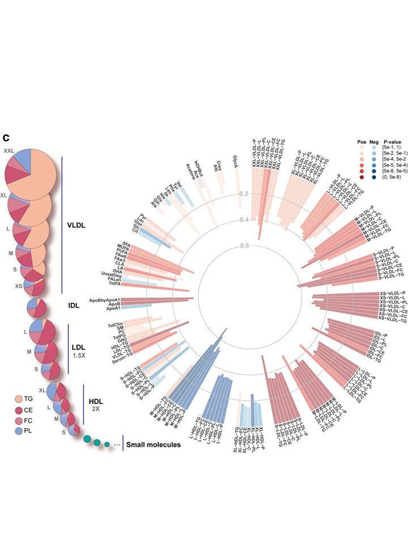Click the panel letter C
pos(7,138)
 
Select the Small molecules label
pos(153,445)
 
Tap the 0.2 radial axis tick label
pos(244,194)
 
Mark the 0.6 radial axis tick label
pos(244,245)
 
